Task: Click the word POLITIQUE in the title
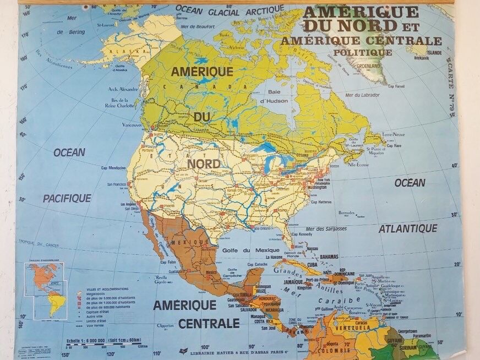coord(362,52)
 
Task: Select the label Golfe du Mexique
coord(248,250)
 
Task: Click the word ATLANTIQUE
coord(408,228)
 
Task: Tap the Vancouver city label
coord(132,125)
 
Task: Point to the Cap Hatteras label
coord(320,202)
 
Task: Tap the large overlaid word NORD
coord(204,164)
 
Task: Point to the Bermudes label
coord(347,212)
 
